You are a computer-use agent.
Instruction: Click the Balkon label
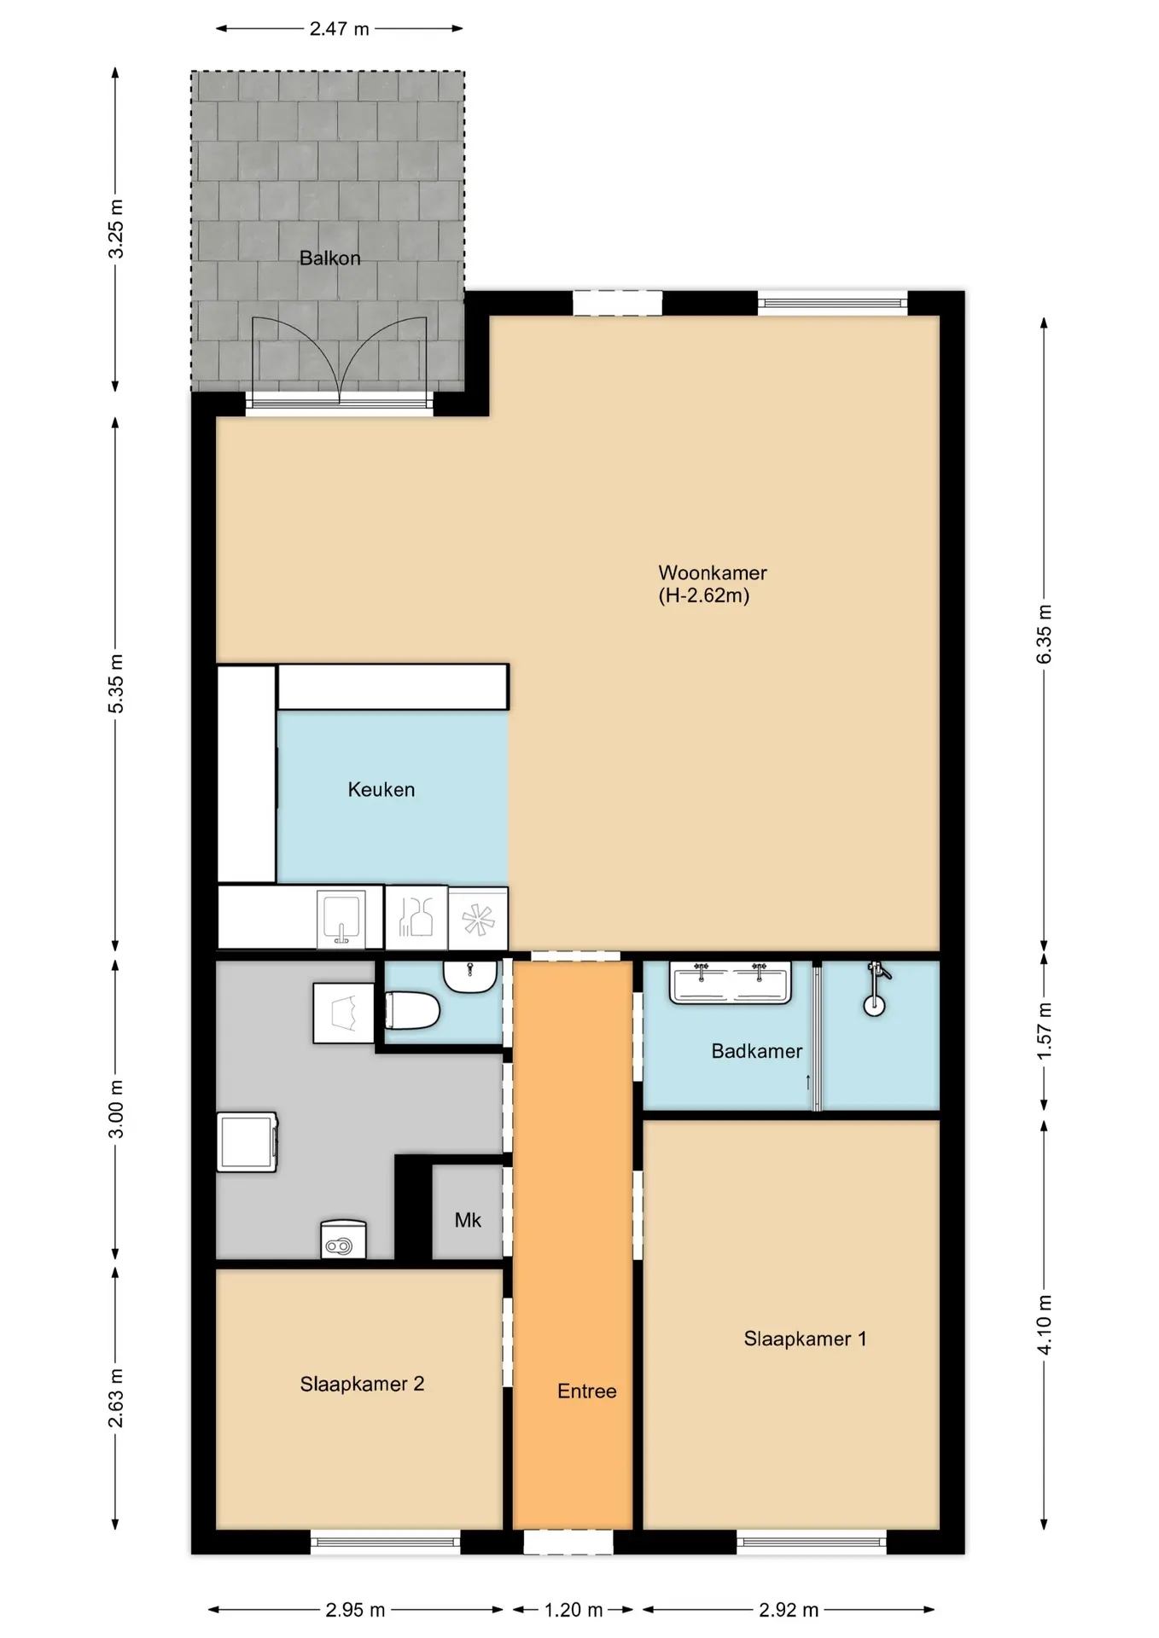[x=329, y=258]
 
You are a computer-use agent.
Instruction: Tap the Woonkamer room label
[x=713, y=572]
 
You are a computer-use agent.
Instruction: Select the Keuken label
[x=381, y=789]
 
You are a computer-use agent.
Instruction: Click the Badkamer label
[x=757, y=1051]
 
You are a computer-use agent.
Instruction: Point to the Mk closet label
[x=468, y=1220]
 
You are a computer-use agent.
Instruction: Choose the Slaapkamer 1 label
[x=805, y=1339]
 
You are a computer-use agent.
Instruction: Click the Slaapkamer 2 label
[x=362, y=1384]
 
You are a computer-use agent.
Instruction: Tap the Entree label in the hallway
[x=587, y=1391]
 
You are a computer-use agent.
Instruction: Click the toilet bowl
[x=412, y=1012]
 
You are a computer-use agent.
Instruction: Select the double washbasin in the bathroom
[x=731, y=982]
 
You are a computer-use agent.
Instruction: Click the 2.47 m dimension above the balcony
[x=340, y=29]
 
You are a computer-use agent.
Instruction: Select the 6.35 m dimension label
[x=1044, y=634]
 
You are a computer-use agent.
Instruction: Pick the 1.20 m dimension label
[x=574, y=1610]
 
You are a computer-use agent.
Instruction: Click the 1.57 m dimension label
[x=1044, y=1031]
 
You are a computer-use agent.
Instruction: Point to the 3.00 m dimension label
[x=116, y=1109]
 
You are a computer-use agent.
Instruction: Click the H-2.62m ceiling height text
[x=704, y=595]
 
